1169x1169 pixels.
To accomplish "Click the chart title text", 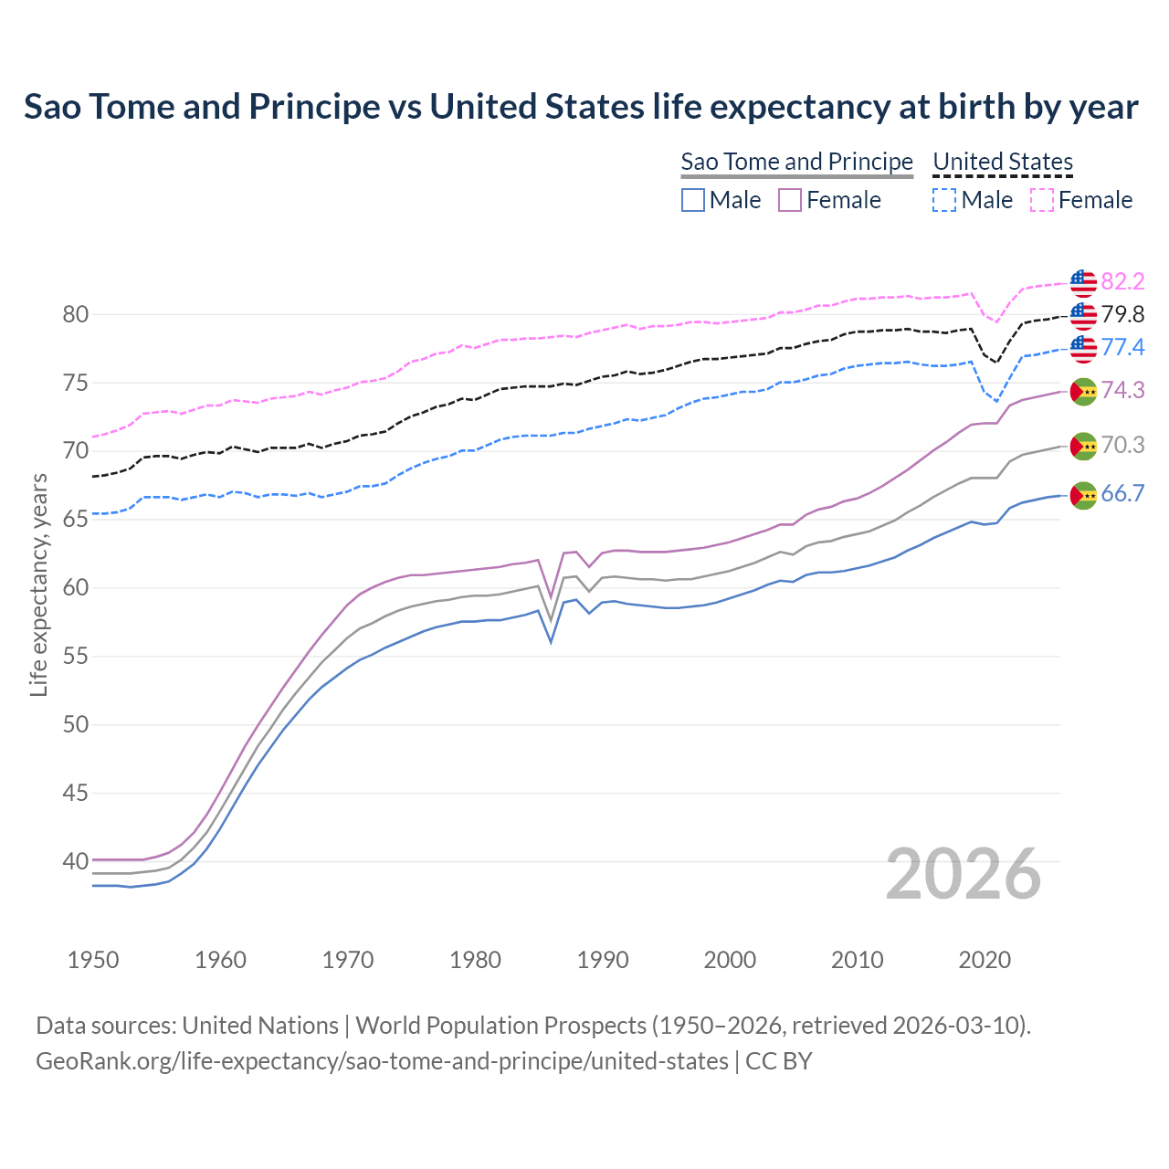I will tap(581, 107).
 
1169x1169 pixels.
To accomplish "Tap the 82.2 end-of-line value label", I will tap(1122, 281).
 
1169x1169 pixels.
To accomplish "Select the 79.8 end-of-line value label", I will tap(1122, 315).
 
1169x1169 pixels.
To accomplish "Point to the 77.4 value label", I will tap(1122, 347).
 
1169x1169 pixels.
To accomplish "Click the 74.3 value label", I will tap(1122, 391).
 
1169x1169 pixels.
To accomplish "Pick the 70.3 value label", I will tap(1122, 446).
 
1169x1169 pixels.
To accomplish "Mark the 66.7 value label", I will tap(1122, 494).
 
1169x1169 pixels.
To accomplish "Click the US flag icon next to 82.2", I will tap(1083, 283).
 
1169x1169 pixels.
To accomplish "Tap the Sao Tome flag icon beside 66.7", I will tap(1083, 495).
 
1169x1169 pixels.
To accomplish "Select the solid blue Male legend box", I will tap(693, 200).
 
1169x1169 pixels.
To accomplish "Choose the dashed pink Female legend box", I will tap(1042, 200).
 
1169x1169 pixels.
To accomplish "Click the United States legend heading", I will tap(1002, 162).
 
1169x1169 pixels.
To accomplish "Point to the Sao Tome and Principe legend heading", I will tap(796, 162).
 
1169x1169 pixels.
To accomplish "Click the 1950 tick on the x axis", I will tap(94, 960).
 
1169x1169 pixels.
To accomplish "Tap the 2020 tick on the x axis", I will tap(985, 960).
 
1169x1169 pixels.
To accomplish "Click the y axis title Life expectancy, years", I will tap(39, 584).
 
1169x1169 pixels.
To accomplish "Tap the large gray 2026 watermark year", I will tap(964, 875).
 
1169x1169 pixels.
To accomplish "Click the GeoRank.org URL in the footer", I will tap(382, 1061).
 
